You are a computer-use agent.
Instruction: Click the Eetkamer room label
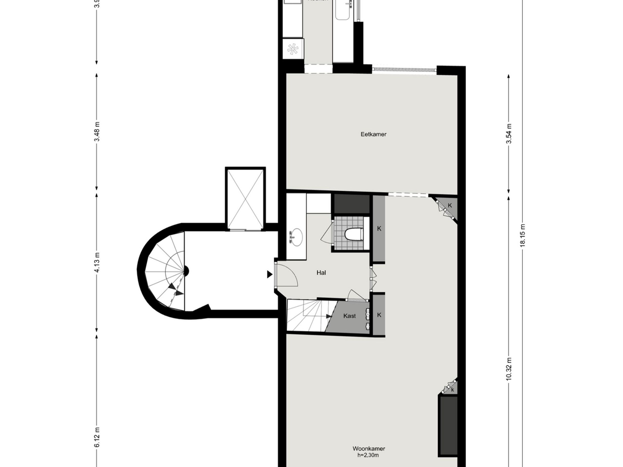click(374, 134)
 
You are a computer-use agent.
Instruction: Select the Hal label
click(321, 272)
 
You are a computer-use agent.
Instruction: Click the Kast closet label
click(349, 316)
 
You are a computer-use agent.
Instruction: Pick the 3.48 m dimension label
click(97, 132)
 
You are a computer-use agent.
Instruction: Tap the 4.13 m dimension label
click(97, 262)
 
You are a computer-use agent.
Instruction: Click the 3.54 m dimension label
click(509, 134)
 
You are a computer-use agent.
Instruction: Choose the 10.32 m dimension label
click(509, 369)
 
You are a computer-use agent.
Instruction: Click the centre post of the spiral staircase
click(186, 271)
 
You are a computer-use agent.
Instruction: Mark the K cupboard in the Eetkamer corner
click(449, 206)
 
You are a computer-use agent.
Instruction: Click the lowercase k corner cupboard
click(452, 390)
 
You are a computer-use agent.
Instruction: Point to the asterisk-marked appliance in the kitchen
click(293, 49)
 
